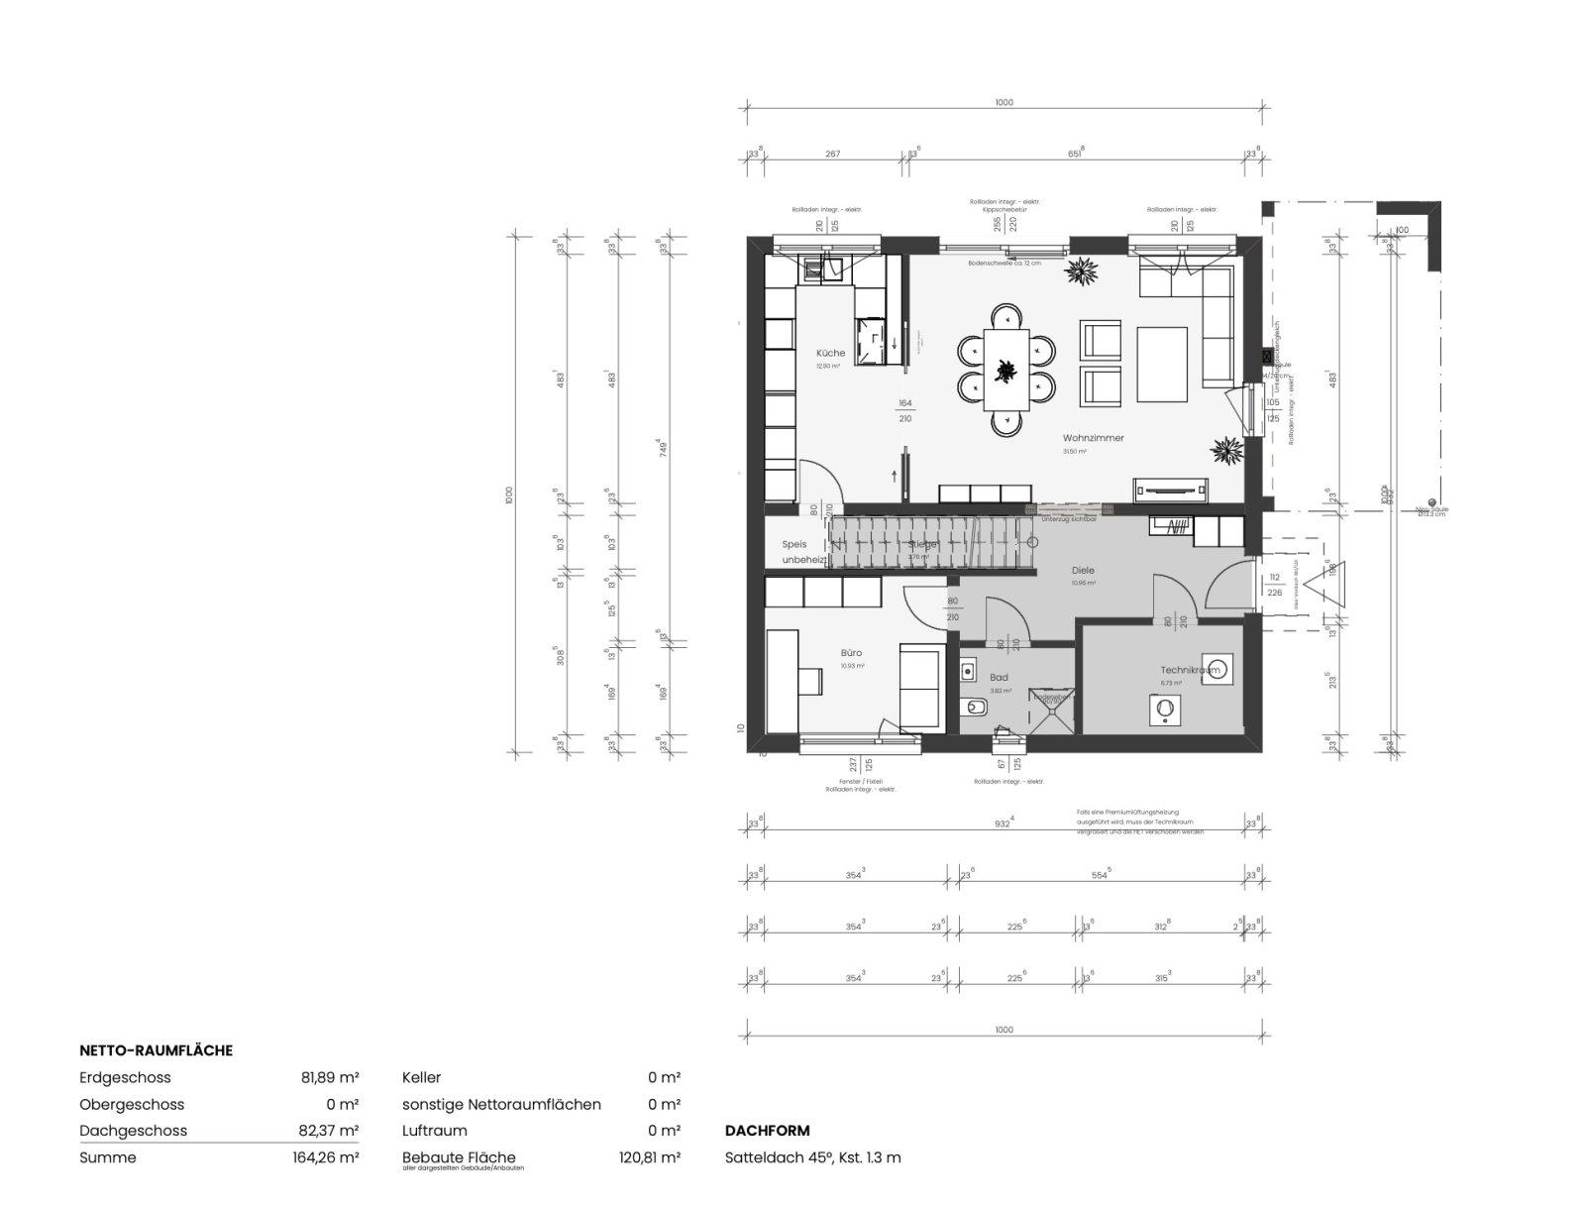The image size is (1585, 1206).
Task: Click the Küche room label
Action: (x=830, y=353)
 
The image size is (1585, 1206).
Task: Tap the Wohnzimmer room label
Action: (x=1093, y=438)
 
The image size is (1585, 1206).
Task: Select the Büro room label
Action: (x=851, y=653)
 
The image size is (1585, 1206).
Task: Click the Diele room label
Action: (x=1083, y=571)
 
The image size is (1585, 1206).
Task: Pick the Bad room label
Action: (x=999, y=679)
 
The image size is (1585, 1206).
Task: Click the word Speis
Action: (x=794, y=544)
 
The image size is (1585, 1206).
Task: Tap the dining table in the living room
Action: (x=1005, y=369)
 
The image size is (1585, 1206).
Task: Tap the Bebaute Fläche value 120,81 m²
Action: (x=648, y=1157)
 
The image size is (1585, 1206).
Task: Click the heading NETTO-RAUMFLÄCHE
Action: (x=156, y=1050)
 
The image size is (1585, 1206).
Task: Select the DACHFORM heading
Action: (x=767, y=1131)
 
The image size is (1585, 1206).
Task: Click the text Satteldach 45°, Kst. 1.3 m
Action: (x=812, y=1157)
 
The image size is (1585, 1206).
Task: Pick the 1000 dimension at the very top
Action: (x=1004, y=102)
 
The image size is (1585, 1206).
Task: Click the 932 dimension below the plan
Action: (x=1004, y=822)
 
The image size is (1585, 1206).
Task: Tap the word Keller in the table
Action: (x=421, y=1077)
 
